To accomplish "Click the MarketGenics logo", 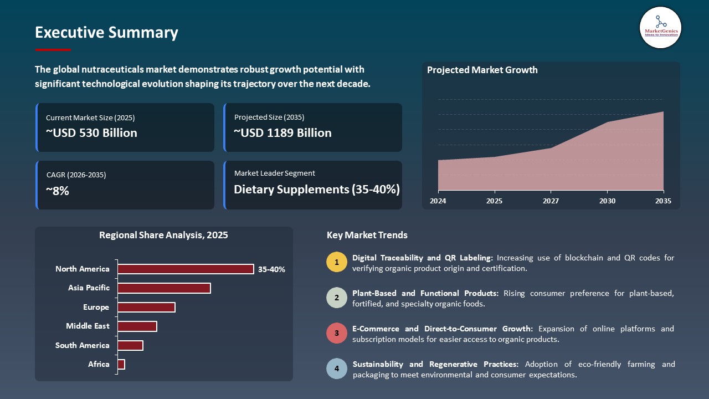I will (660, 27).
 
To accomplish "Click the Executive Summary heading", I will (106, 33).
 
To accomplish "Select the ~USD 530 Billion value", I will (91, 133).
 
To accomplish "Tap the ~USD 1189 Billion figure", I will (282, 133).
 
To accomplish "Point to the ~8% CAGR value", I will (58, 191).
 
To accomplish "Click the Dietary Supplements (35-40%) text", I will (316, 190).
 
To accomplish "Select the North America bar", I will (186, 269).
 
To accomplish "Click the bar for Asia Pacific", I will (164, 288).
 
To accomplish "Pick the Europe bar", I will (146, 307).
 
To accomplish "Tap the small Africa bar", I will (121, 364).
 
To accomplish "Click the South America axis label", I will (82, 345).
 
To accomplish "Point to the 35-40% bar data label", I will (271, 269).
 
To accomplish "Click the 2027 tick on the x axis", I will (551, 201).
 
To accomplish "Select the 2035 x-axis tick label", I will (663, 201).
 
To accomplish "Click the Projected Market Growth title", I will (482, 70).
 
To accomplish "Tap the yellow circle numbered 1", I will (336, 262).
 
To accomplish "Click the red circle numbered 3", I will (336, 334).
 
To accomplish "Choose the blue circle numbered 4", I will (336, 369).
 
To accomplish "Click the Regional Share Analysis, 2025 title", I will (163, 235).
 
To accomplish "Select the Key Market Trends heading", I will (367, 235).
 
